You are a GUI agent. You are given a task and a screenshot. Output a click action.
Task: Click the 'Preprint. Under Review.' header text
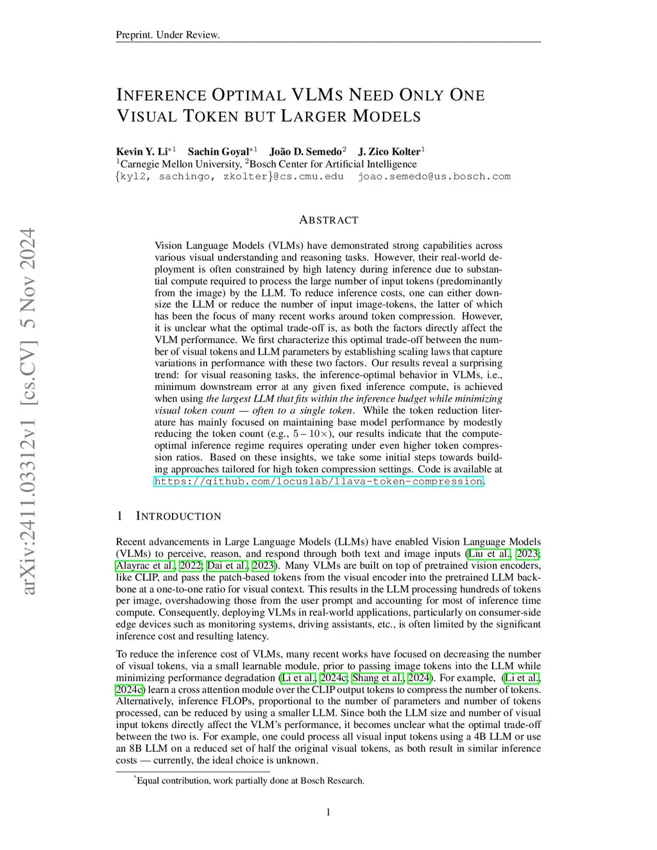coord(167,35)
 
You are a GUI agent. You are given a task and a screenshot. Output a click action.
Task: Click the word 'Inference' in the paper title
coord(161,95)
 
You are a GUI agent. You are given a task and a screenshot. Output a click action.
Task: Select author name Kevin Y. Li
coord(142,152)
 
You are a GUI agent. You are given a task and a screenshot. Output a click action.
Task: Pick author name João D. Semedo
coord(305,152)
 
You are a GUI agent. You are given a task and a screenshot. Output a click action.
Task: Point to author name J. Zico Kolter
coord(389,152)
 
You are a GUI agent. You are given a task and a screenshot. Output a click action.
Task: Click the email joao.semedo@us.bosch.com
coord(434,176)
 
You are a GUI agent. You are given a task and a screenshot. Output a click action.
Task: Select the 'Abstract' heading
coord(328,220)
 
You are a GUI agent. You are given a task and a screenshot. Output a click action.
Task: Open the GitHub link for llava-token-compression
coord(318,481)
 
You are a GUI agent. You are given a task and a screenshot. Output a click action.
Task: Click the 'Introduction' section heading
coord(178,516)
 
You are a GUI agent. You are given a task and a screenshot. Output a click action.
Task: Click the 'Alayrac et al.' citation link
coord(144,566)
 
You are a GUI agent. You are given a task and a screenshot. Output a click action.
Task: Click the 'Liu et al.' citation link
coord(489,554)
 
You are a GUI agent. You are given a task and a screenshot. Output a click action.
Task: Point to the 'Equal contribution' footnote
coord(250,781)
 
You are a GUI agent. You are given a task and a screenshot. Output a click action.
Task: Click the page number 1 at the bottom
coord(328,813)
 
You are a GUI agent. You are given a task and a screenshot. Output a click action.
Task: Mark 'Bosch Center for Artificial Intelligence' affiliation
coord(333,164)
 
